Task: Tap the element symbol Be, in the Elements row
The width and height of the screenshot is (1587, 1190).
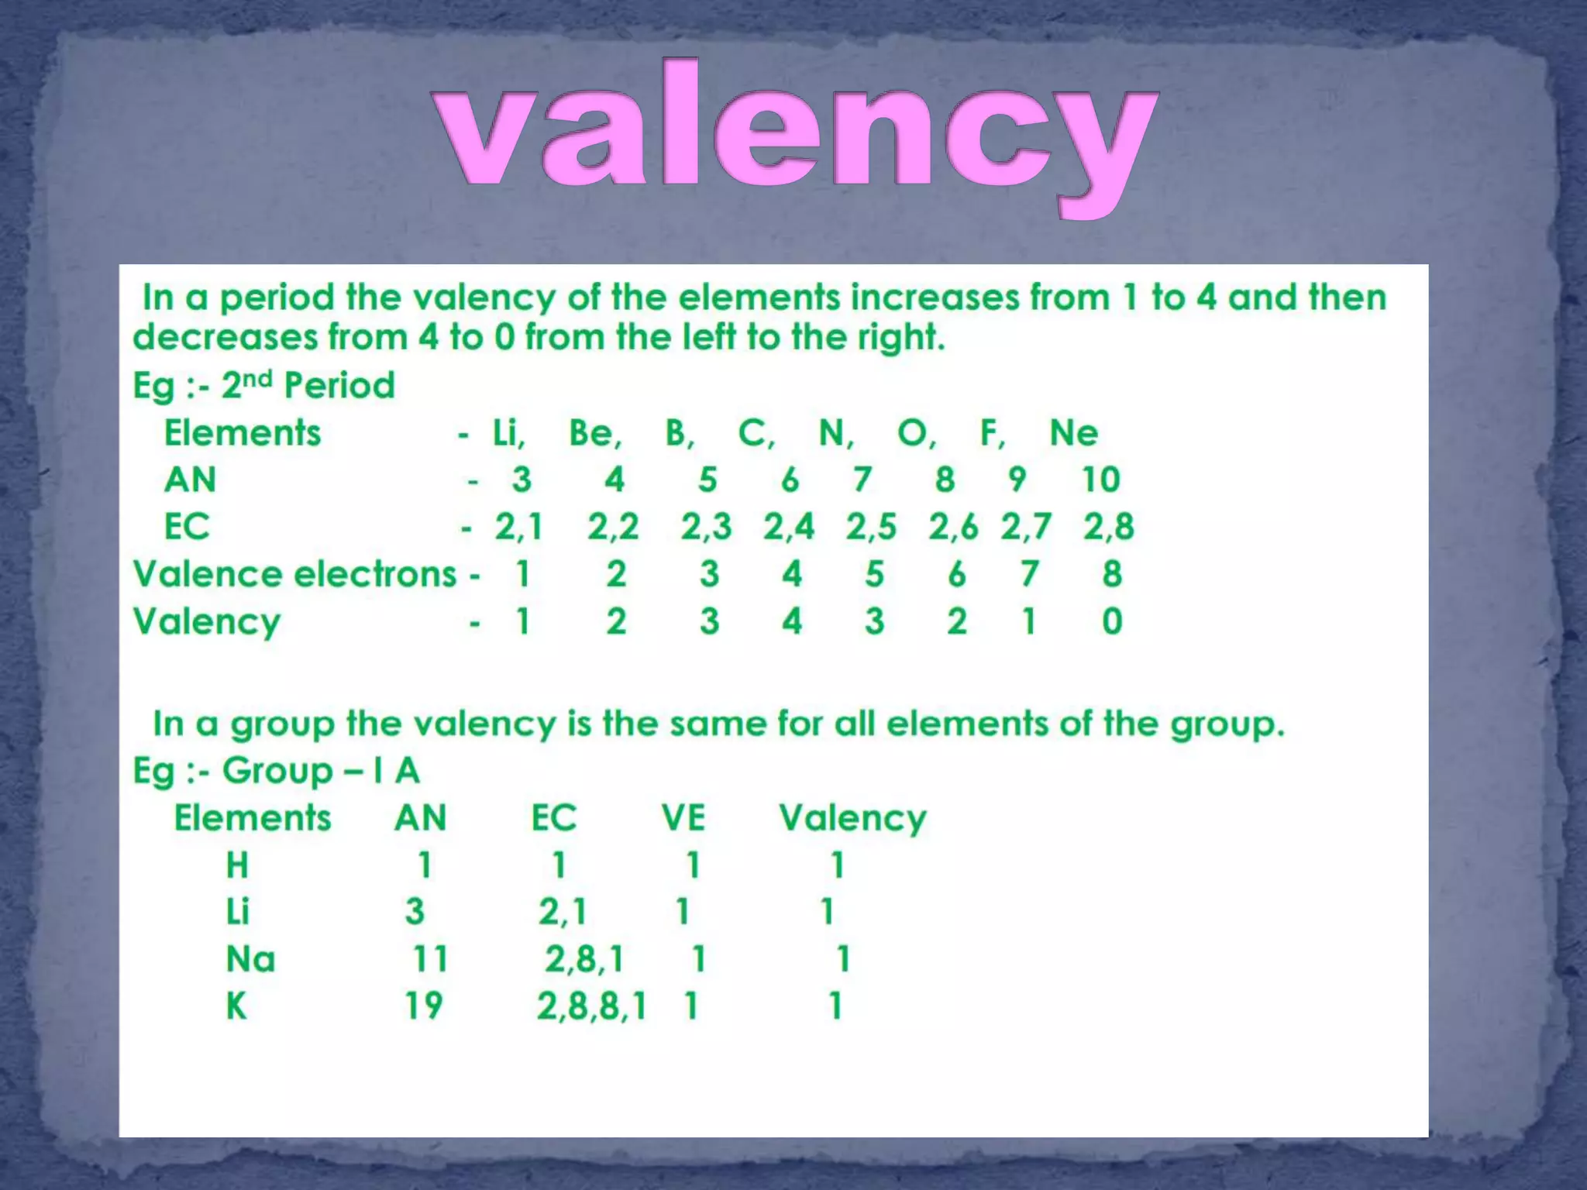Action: tap(594, 433)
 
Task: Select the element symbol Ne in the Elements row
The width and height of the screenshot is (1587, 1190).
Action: tap(1073, 433)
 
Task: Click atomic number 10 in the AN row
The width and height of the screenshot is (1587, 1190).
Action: tap(1100, 480)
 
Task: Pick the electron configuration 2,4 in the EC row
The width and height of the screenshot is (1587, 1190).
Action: tap(788, 527)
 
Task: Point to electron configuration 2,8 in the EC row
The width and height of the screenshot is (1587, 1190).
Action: tap(1108, 527)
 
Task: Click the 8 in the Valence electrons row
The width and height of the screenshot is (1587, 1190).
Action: tap(1112, 574)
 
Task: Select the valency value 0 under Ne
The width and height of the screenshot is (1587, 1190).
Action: tap(1112, 621)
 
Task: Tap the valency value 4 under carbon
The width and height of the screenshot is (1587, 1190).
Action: tap(791, 621)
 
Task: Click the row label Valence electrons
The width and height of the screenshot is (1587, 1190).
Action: tap(294, 574)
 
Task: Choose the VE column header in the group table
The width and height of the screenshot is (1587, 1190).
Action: tap(683, 817)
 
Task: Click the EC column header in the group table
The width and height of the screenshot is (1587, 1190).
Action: tap(553, 817)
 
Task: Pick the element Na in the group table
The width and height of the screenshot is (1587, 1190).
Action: tap(250, 959)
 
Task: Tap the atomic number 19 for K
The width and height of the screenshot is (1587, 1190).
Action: tap(423, 1006)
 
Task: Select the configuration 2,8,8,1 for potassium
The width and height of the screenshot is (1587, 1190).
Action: tap(591, 1006)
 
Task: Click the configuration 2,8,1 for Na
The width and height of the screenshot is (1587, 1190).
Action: tap(584, 959)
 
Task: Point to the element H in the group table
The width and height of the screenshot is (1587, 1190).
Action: tap(237, 865)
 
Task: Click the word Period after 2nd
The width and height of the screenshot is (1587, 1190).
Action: tap(339, 385)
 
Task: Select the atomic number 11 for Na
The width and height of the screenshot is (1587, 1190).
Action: tap(429, 959)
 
